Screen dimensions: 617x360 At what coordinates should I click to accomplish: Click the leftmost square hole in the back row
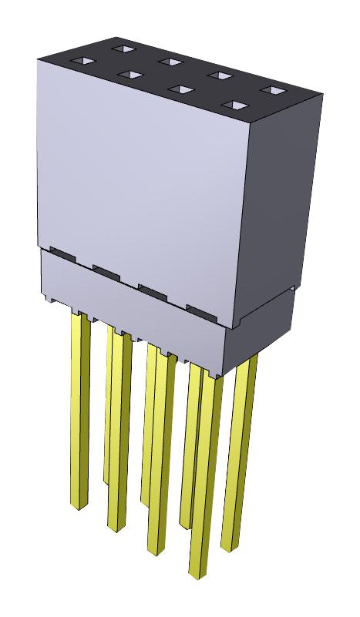[121, 49]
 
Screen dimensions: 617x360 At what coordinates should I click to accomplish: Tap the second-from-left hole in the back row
[170, 62]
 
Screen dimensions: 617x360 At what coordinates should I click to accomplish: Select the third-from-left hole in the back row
[220, 75]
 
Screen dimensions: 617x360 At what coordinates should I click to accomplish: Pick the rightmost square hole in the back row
[269, 90]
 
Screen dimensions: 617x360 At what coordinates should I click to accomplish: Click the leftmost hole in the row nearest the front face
[80, 61]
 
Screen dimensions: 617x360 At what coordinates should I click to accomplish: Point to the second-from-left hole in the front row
[130, 75]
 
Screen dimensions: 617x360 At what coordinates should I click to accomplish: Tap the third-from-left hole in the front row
[180, 89]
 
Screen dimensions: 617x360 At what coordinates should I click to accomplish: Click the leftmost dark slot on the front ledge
[62, 253]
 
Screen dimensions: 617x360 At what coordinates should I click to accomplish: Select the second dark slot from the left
[108, 270]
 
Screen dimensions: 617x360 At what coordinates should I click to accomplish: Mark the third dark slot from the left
[154, 290]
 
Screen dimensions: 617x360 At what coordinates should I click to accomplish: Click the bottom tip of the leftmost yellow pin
[78, 505]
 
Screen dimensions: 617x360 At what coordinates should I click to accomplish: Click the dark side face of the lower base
[262, 324]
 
